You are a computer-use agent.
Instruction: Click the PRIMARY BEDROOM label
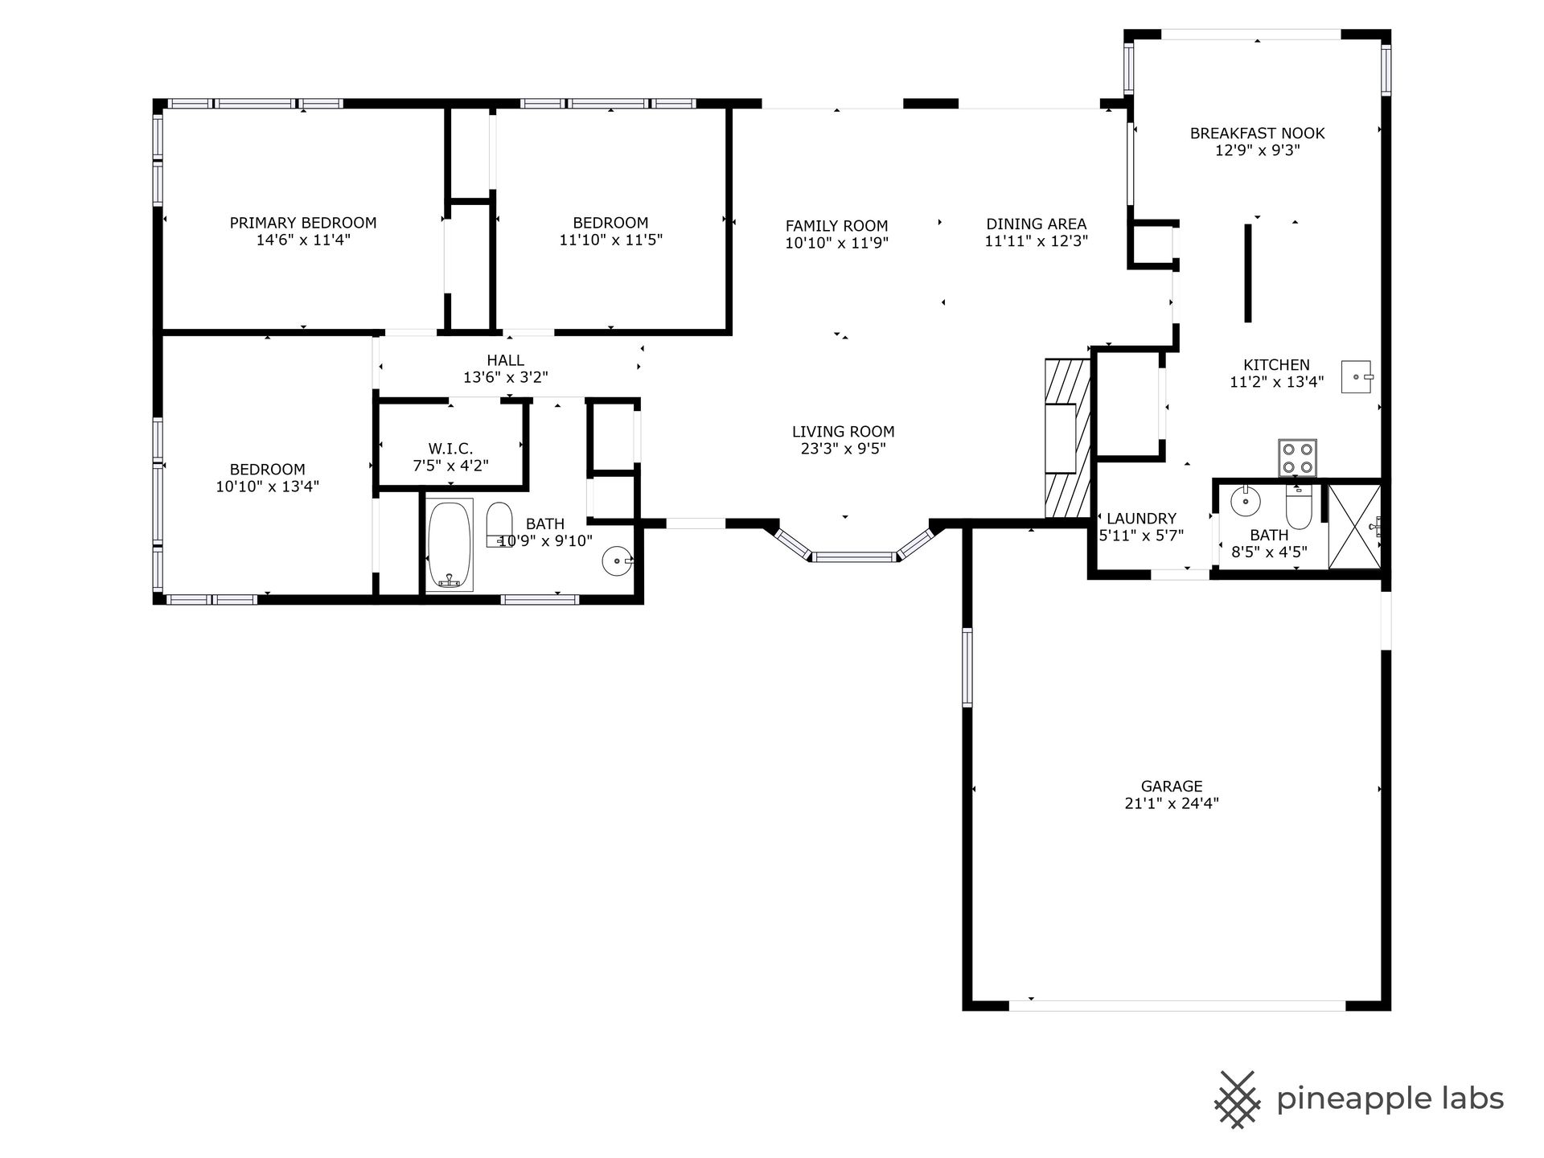tap(303, 223)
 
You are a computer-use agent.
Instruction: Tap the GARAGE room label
tap(1172, 786)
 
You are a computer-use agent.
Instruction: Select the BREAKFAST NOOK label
tap(1257, 133)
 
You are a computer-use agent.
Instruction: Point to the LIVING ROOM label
tap(843, 432)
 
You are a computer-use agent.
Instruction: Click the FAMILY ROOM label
tap(836, 226)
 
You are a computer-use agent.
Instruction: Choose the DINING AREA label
tap(1037, 224)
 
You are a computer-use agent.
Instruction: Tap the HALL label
tap(505, 360)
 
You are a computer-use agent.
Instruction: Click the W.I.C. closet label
tap(450, 449)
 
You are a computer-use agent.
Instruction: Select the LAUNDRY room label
tap(1141, 519)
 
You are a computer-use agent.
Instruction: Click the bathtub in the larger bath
tap(450, 546)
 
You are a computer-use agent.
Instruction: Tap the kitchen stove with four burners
tap(1297, 458)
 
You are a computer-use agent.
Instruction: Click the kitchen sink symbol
tap(1357, 376)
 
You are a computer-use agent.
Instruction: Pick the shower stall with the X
tap(1355, 527)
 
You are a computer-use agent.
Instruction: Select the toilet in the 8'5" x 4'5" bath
tap(1299, 504)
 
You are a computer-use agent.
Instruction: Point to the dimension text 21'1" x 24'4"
tap(1172, 803)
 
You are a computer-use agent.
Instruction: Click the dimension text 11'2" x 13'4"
tap(1276, 382)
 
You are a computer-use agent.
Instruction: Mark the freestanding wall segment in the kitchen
tap(1248, 273)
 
